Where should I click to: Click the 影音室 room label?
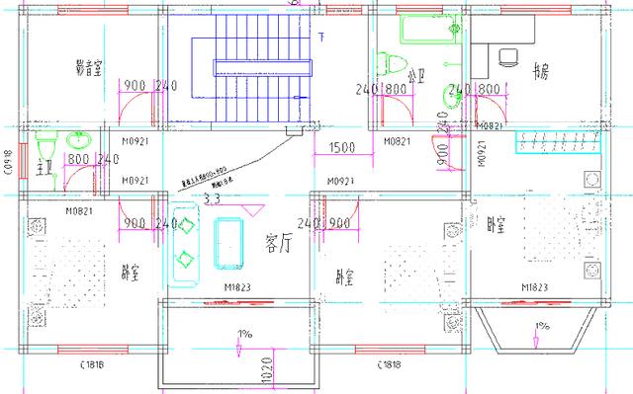(91, 67)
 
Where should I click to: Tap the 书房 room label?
(540, 71)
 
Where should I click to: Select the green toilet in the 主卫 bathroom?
(45, 148)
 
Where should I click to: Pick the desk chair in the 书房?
(509, 55)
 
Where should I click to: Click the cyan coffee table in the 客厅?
(229, 243)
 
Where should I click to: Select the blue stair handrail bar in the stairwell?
(260, 65)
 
